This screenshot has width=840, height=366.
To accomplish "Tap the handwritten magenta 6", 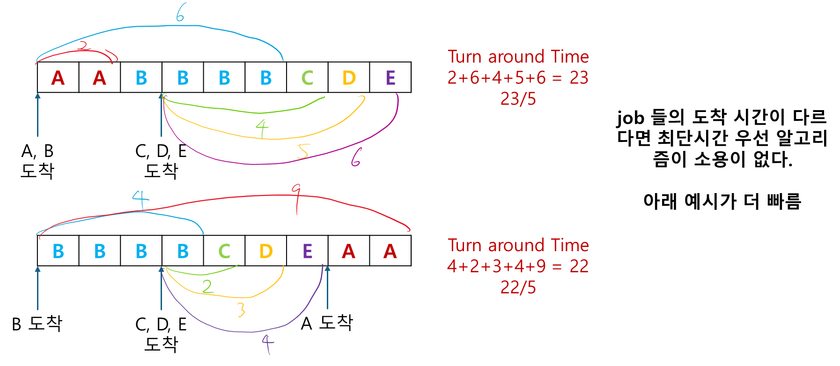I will (356, 157).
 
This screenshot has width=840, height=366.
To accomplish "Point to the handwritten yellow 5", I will (303, 151).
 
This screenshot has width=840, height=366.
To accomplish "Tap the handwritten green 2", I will (207, 287).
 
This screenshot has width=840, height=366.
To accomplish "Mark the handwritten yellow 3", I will (241, 310).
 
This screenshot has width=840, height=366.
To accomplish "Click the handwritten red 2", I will (84, 46).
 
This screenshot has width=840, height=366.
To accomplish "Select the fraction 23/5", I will (518, 99).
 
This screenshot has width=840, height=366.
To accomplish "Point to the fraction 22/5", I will (518, 287).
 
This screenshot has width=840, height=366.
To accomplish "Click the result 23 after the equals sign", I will (579, 78).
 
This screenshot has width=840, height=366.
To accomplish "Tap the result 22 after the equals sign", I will (579, 266).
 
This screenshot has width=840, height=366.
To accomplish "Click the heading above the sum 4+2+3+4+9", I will (518, 245).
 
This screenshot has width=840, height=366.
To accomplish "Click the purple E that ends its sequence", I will (391, 78).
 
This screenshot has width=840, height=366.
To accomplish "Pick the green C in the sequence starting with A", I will (307, 78).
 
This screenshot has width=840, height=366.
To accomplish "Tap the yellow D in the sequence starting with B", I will (266, 252).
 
